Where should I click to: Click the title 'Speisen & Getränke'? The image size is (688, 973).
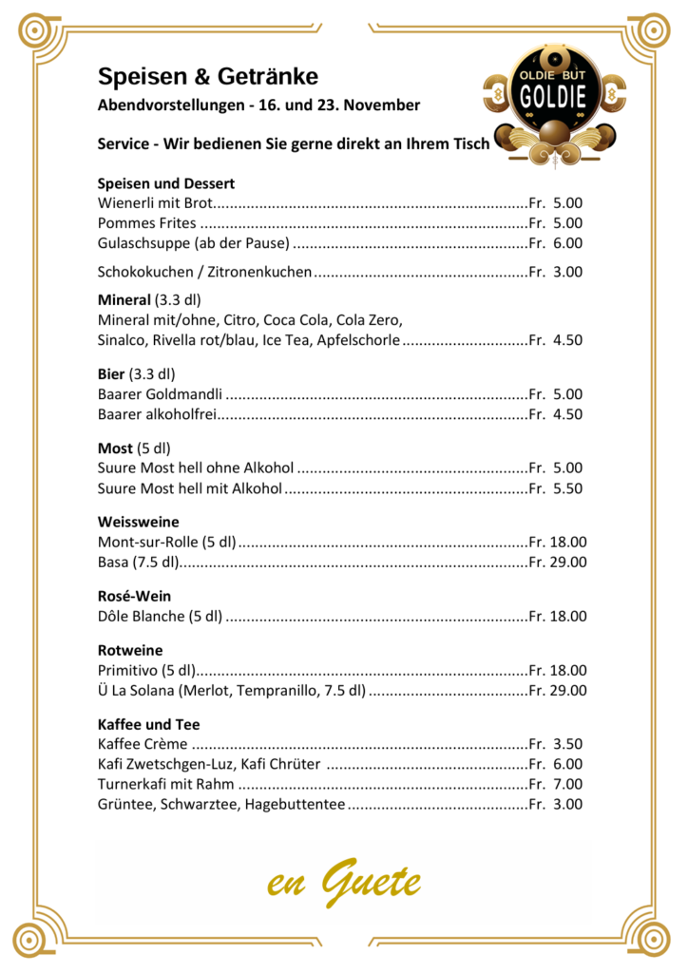(x=208, y=76)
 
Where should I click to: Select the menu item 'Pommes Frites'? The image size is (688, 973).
(x=147, y=223)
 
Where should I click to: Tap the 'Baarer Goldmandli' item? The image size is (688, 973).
(x=161, y=393)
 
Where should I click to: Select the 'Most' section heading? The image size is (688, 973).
(x=115, y=448)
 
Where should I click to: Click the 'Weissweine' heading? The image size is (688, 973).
(x=138, y=522)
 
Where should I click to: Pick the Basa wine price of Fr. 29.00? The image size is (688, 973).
(x=558, y=563)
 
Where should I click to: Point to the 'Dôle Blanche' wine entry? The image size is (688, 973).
(x=160, y=617)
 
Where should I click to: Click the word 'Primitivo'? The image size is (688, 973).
(x=129, y=671)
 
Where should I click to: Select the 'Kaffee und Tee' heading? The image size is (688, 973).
(x=148, y=724)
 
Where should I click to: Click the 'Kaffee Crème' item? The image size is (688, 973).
(x=143, y=744)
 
